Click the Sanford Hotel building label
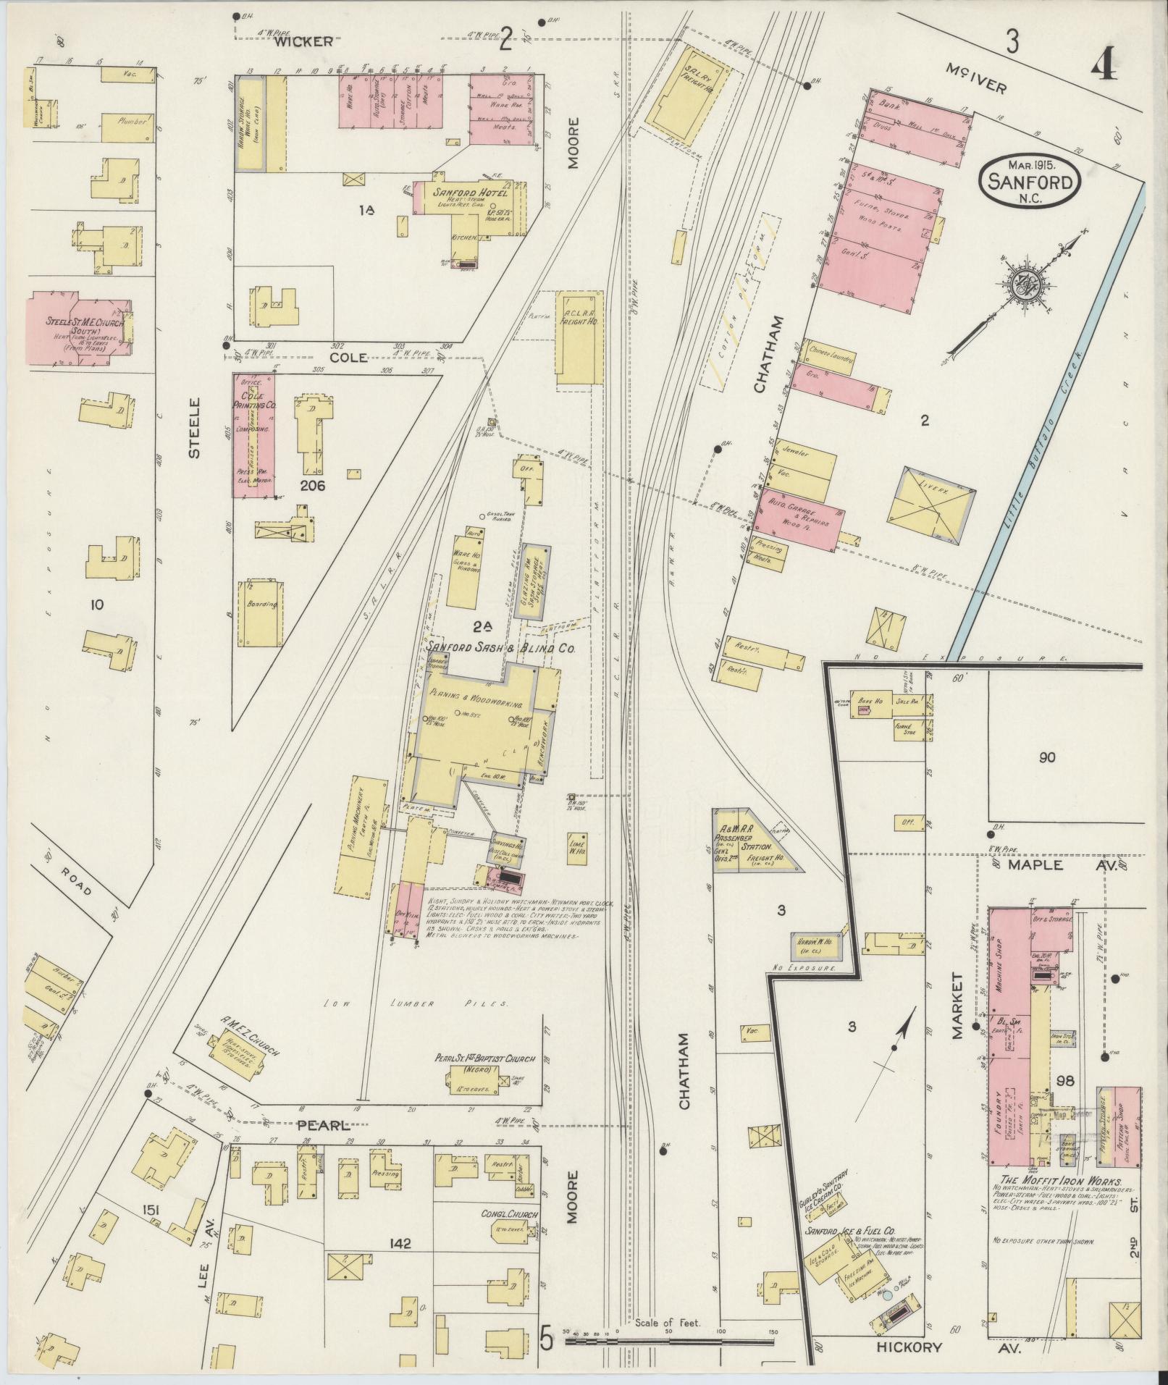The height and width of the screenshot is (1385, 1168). (x=471, y=193)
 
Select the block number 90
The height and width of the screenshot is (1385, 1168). (x=1046, y=758)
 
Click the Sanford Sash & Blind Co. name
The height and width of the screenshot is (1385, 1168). (x=500, y=649)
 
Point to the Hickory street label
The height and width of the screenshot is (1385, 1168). (x=909, y=1347)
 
